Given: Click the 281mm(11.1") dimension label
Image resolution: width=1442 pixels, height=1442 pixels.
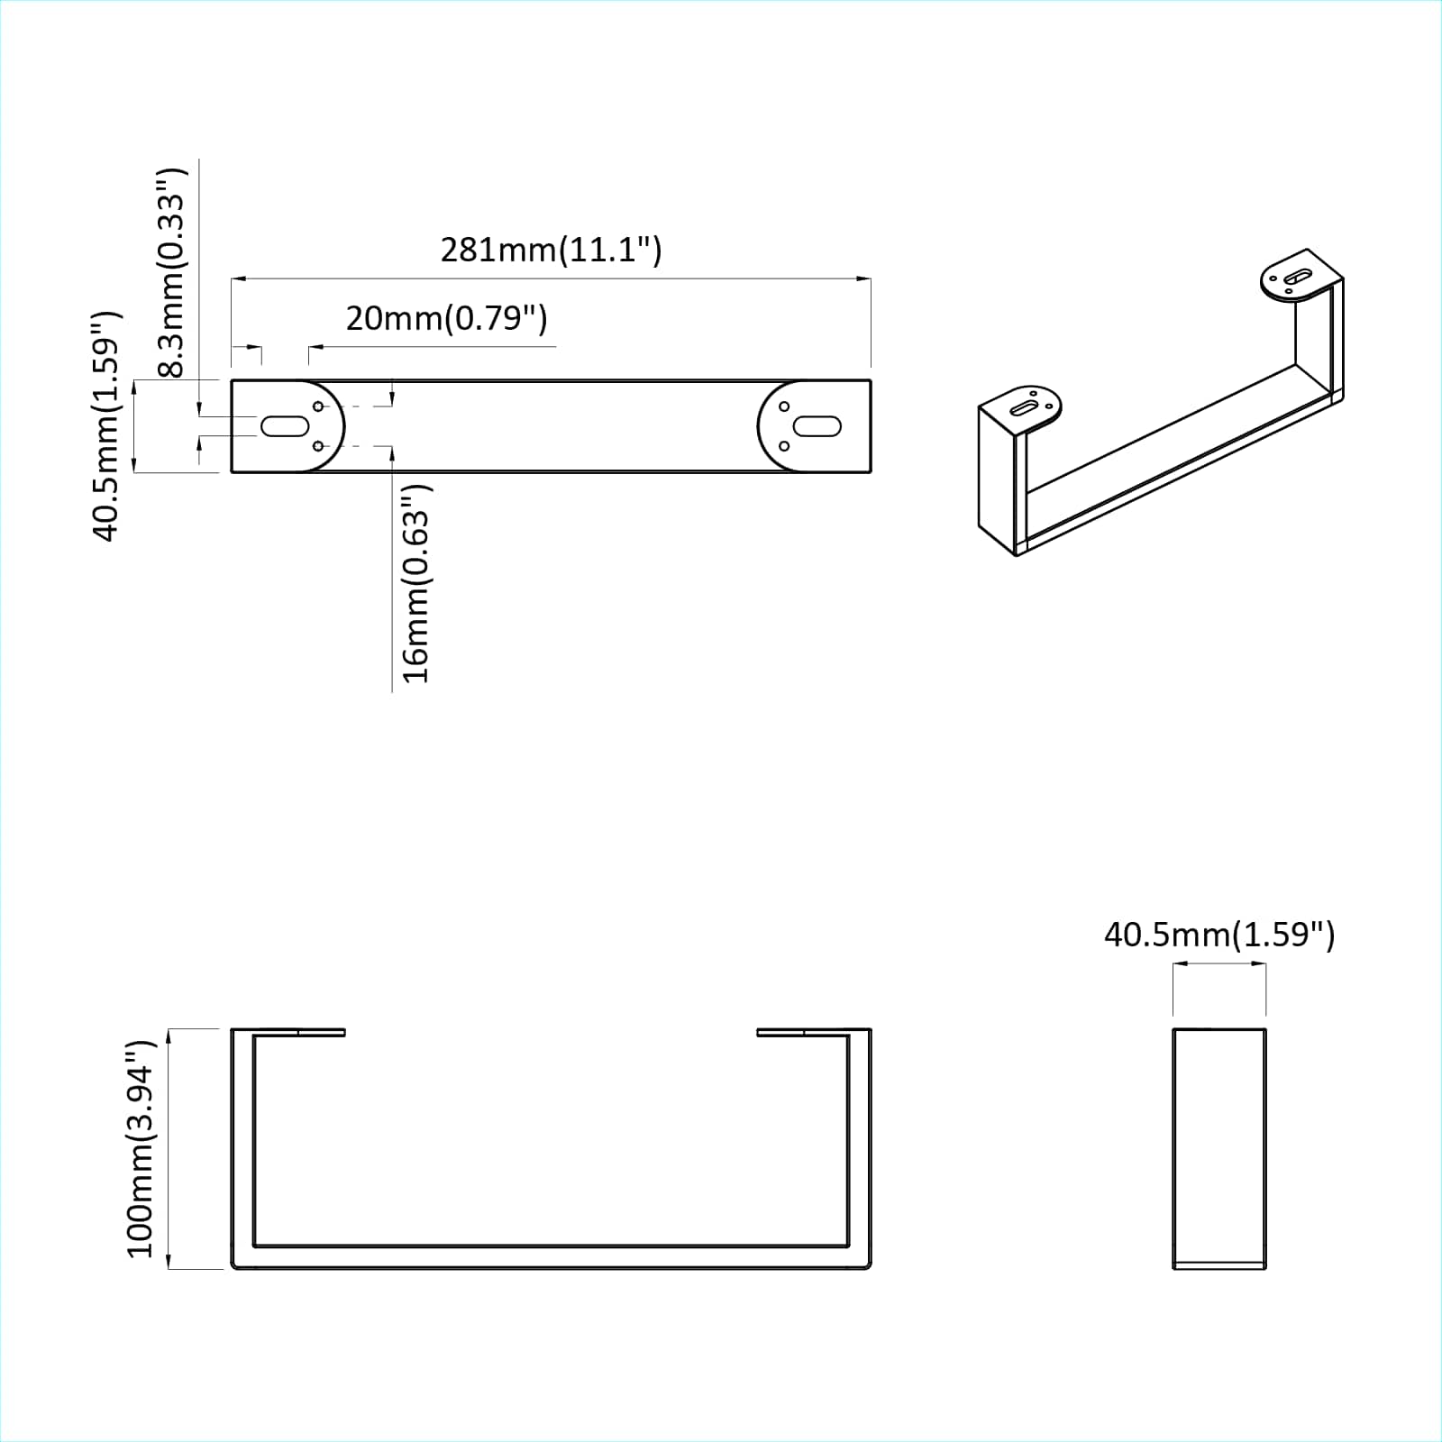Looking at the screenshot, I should pos(551,250).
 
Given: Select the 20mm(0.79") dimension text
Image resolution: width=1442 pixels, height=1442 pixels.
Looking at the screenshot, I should pos(446,318).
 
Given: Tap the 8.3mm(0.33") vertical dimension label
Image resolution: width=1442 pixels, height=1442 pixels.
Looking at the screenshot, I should pos(171,270).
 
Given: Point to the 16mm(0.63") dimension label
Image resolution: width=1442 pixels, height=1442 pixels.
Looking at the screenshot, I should pos(416,583).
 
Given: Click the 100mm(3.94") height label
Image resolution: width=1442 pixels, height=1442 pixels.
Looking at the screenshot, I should pos(141,1148).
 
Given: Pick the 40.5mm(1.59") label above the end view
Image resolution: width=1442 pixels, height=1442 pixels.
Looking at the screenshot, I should pos(1218,935).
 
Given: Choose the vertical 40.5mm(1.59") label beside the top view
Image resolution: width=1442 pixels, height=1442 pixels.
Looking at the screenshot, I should pos(105,425).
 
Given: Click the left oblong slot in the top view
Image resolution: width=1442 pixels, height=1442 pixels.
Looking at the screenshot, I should pos(285,425).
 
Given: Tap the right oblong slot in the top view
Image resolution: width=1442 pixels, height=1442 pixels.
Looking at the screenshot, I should pos(817,425).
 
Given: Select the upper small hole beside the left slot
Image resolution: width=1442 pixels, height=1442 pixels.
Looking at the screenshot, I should pos(318,406).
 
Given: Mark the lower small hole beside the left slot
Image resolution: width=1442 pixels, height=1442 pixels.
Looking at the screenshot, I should pos(318,446).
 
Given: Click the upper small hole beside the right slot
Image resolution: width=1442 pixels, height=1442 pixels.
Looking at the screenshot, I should pos(784,406).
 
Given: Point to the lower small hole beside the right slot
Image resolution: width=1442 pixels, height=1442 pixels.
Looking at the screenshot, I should pos(784,446).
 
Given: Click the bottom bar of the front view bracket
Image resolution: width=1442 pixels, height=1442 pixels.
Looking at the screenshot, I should pos(551,1257).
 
